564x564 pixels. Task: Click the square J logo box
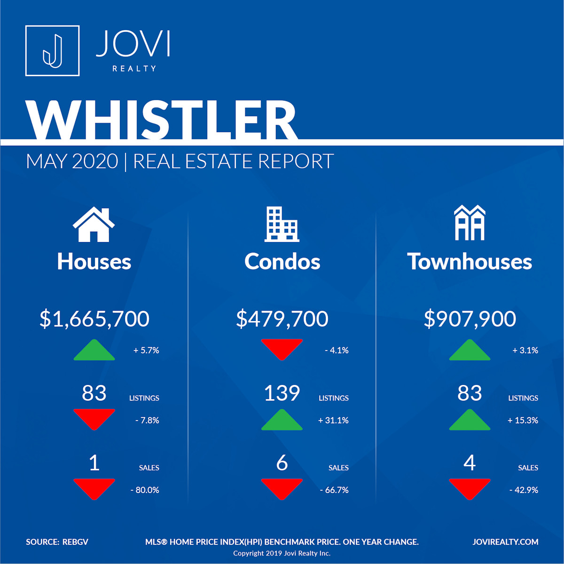click(x=52, y=51)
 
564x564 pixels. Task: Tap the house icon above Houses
click(x=94, y=224)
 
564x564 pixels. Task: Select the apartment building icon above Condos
click(x=282, y=224)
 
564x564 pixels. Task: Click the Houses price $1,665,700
click(x=94, y=319)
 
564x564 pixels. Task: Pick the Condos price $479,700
click(x=282, y=319)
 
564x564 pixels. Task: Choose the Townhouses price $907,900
click(x=470, y=319)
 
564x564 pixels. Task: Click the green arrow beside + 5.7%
click(x=94, y=350)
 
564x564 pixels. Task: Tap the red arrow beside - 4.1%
click(x=282, y=350)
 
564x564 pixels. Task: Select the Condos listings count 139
click(x=282, y=393)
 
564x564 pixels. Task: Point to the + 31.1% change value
click(x=333, y=421)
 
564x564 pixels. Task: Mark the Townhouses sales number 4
click(x=470, y=463)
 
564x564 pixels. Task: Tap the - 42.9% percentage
click(x=524, y=490)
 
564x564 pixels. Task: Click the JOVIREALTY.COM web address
click(x=505, y=542)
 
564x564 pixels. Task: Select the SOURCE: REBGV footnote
click(x=57, y=542)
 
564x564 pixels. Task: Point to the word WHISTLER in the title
click(x=162, y=120)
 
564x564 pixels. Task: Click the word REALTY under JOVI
click(x=134, y=69)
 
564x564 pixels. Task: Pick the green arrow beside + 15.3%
click(x=470, y=420)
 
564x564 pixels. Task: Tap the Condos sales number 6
click(x=282, y=463)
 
